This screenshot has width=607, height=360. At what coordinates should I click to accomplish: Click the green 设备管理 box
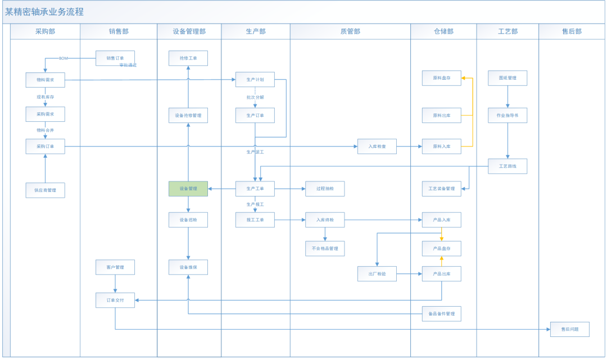tap(188, 189)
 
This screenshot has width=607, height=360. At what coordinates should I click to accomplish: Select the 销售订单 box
tap(115, 58)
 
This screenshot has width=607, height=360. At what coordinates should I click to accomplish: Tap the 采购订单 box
tap(45, 147)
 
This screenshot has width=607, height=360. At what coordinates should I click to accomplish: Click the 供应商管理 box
tap(45, 190)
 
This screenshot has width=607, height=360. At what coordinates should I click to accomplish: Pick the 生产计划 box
tap(255, 80)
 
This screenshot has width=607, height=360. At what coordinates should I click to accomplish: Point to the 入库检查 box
tap(377, 147)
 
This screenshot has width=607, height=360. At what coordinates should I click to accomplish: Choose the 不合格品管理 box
tap(325, 248)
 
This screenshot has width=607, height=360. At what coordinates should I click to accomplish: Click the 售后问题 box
tap(570, 329)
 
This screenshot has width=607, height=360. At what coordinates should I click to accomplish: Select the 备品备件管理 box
tap(441, 313)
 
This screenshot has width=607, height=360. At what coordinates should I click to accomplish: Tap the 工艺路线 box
tap(508, 166)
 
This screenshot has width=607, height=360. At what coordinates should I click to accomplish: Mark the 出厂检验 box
tap(377, 274)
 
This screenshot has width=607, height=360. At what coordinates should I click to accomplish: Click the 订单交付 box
tap(115, 300)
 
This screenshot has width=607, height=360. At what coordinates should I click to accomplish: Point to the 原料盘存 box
tap(441, 78)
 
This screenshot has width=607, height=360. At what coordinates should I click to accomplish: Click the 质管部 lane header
tap(350, 31)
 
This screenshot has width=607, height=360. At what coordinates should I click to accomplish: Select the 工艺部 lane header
tap(508, 31)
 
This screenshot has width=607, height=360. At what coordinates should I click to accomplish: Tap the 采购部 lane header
tap(45, 31)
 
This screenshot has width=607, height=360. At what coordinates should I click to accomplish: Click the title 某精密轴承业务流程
tap(44, 12)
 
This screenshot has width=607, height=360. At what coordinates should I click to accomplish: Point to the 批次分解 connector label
tap(255, 97)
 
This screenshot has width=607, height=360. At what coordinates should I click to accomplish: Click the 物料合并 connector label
tap(45, 130)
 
